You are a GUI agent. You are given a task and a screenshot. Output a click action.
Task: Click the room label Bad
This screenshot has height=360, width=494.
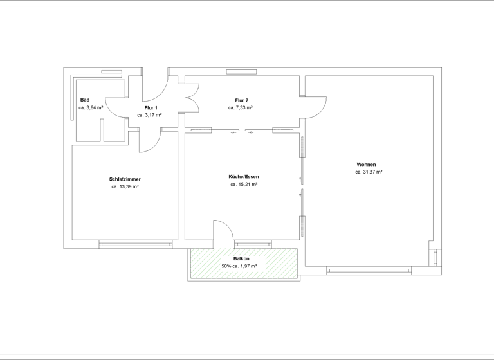85,100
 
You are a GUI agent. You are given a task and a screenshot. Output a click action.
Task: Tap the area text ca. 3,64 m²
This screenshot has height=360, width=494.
91,108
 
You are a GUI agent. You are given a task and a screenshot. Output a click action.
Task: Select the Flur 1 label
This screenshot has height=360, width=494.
151,107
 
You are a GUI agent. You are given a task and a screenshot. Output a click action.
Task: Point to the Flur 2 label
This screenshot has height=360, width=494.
241,100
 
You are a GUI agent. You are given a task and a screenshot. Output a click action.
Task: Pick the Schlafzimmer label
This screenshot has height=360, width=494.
125,179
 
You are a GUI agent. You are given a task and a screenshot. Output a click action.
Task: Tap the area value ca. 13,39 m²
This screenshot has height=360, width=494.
125,186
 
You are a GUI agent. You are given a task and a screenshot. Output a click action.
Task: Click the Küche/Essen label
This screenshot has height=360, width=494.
244,176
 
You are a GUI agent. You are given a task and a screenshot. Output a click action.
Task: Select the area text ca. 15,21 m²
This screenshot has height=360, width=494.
244,184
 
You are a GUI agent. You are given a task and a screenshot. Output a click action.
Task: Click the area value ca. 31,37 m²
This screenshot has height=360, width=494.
369,172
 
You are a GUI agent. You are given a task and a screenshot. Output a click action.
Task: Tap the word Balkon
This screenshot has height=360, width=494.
241,258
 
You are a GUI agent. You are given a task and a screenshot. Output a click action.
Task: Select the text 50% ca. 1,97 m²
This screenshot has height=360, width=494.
239,266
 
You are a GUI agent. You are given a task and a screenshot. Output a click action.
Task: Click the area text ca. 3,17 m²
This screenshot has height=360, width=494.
149,115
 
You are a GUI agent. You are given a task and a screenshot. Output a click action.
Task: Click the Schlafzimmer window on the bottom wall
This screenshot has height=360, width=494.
136,244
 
